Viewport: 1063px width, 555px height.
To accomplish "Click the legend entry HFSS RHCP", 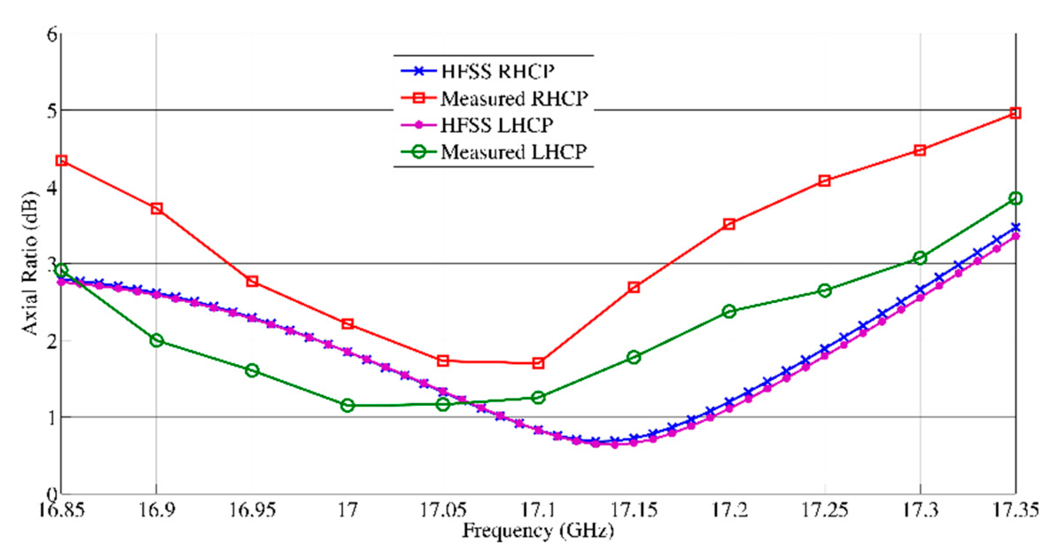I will click(x=497, y=71).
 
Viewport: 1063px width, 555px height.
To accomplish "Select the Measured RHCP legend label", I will click(x=514, y=98).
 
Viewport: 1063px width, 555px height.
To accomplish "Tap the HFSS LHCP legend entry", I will click(x=497, y=125).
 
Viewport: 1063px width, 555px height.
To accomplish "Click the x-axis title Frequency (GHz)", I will click(x=538, y=530).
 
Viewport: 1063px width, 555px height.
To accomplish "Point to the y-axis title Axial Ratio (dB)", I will click(x=30, y=263).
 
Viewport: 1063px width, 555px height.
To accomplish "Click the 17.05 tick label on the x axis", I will click(x=443, y=511).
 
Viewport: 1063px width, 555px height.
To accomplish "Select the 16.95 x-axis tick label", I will click(x=252, y=511).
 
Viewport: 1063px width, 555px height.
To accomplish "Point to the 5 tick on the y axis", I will click(x=52, y=110).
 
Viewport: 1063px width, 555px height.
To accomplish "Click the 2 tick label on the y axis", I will click(x=52, y=341).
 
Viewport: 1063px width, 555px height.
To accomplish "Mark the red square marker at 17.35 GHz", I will click(x=1016, y=113).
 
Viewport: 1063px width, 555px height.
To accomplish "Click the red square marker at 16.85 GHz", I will click(x=62, y=160).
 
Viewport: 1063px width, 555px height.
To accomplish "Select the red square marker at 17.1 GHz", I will click(x=538, y=363).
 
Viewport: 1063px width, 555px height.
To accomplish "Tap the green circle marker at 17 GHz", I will click(x=348, y=405).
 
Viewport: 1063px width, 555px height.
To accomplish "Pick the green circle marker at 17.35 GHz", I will click(x=1016, y=198).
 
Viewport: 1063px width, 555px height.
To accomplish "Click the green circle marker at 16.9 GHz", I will click(x=156, y=340).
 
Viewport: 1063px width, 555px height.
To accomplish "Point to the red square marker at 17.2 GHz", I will click(x=729, y=224).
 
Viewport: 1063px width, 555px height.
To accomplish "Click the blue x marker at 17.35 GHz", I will click(x=1016, y=228).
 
